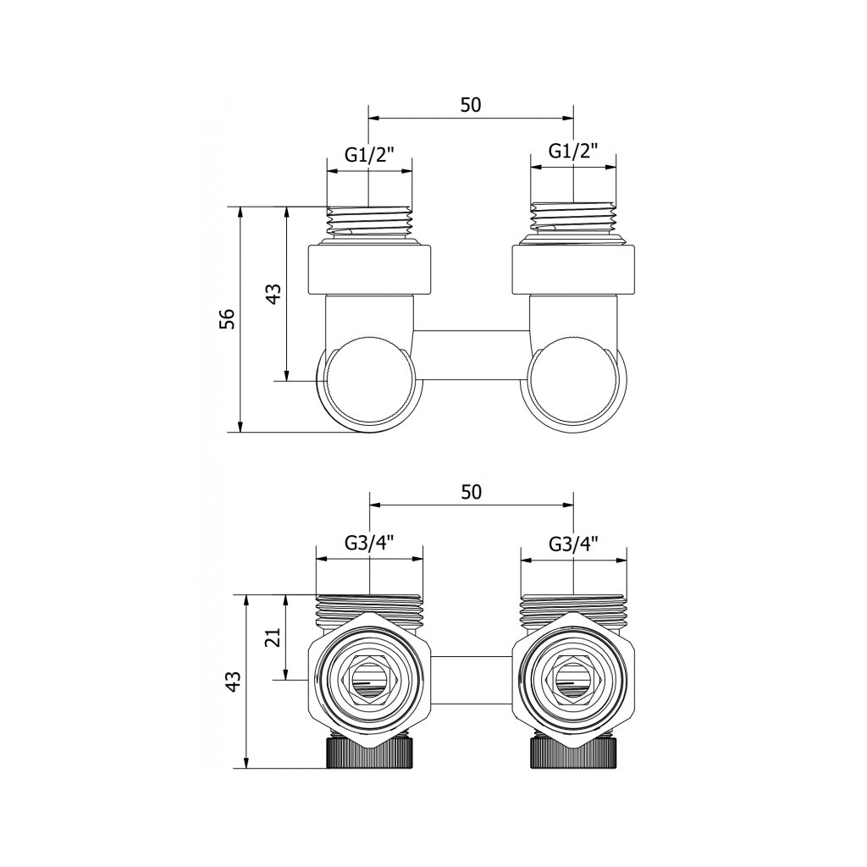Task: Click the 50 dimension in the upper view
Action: tap(471, 104)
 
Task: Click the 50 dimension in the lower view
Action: tap(471, 492)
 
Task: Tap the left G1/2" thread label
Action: tap(369, 154)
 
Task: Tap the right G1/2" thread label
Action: tap(573, 151)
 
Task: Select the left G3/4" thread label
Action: tap(369, 544)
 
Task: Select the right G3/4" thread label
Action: tap(574, 544)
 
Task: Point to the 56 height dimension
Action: tap(227, 319)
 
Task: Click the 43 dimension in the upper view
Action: tap(273, 294)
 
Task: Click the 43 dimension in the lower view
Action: tap(234, 682)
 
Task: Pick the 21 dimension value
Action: tap(273, 638)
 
